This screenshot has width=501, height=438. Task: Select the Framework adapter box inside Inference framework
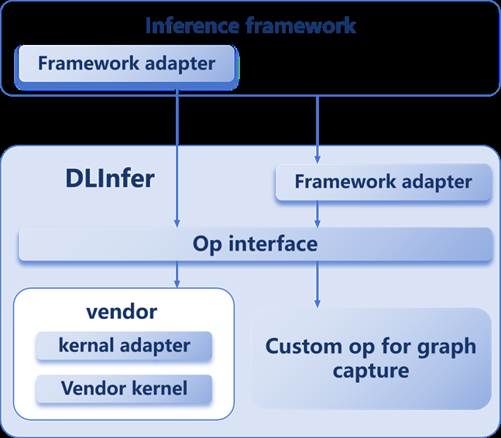coord(126,63)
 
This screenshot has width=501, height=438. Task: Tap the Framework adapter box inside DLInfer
coord(383,183)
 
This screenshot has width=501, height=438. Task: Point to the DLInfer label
coord(110,179)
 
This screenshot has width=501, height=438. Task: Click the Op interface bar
coord(256,245)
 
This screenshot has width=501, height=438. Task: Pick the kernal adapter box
coord(124,346)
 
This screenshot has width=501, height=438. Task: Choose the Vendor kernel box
coord(124,387)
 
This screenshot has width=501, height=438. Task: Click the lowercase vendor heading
coord(124,312)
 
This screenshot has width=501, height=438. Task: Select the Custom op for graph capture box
coord(372,358)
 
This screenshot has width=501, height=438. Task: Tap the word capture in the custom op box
coord(371,371)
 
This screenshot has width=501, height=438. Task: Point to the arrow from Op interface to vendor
coord(177,274)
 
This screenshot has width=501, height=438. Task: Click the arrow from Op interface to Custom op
coord(317,283)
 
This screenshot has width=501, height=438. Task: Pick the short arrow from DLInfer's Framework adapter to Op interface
coord(317,214)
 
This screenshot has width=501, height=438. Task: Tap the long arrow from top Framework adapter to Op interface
coord(177,155)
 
